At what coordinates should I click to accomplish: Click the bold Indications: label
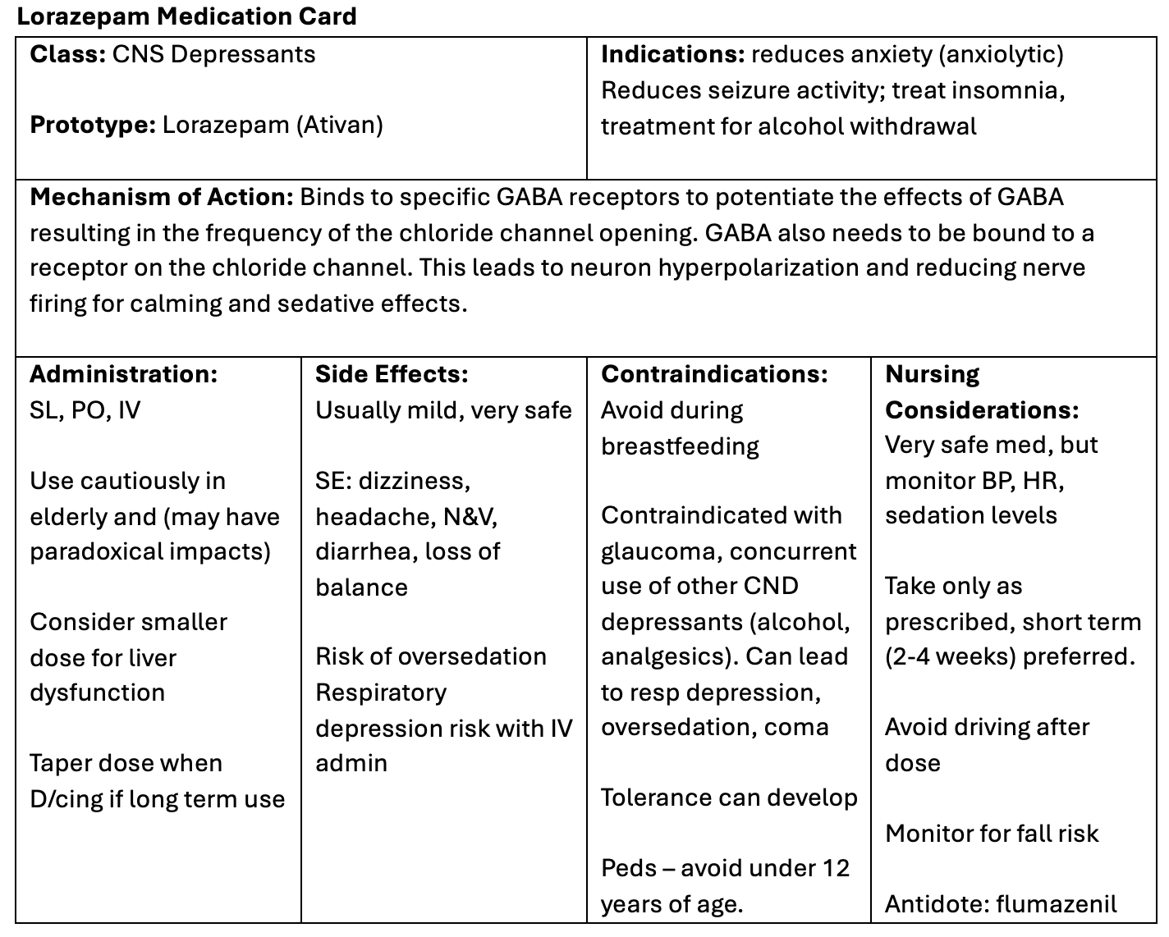(672, 54)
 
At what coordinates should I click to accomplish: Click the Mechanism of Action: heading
(161, 198)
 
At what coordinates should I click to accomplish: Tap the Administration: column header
(124, 375)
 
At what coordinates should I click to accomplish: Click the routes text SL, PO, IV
(85, 410)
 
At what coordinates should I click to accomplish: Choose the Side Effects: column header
(392, 375)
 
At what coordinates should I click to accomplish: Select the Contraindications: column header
(714, 375)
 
